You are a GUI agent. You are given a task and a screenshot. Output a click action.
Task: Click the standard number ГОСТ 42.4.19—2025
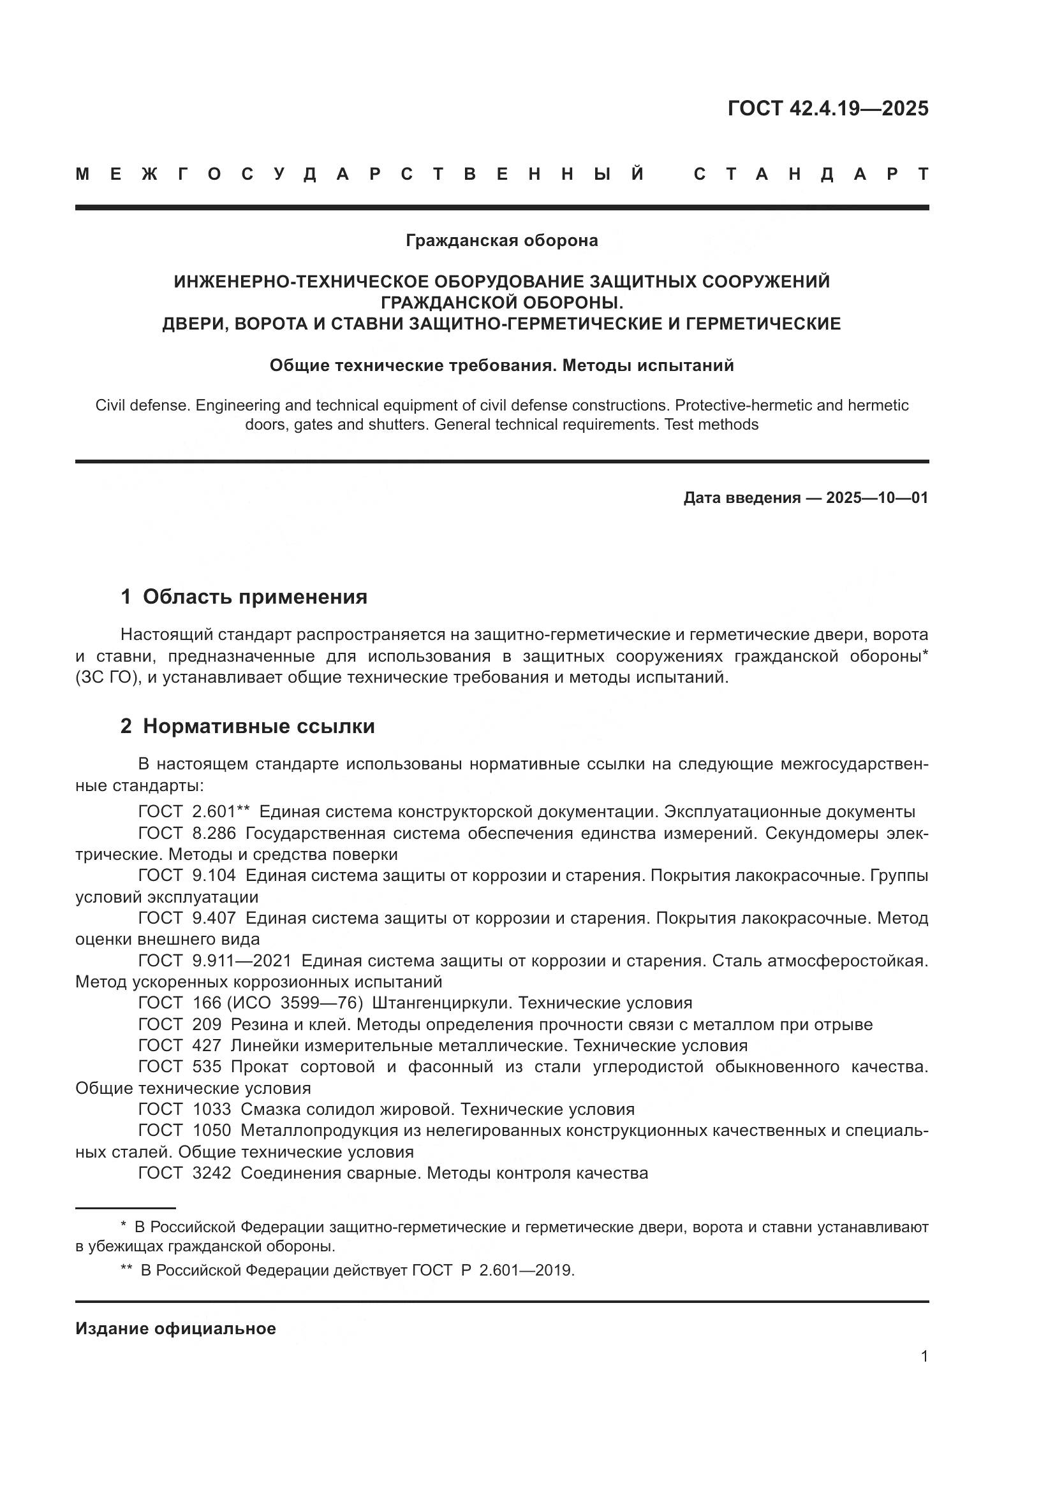click(828, 108)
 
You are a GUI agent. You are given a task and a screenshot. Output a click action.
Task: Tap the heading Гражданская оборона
click(501, 241)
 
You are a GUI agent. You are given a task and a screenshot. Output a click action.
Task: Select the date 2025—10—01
click(877, 498)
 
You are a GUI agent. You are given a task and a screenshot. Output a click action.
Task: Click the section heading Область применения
click(255, 597)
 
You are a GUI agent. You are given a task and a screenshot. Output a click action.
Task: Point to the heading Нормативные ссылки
click(258, 726)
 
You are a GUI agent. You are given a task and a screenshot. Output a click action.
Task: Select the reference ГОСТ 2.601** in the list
click(194, 811)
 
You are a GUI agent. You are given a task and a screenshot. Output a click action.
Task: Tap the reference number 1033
click(212, 1109)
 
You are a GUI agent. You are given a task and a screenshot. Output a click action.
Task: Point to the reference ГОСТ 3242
click(184, 1173)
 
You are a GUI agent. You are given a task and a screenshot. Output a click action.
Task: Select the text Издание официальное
click(175, 1328)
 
